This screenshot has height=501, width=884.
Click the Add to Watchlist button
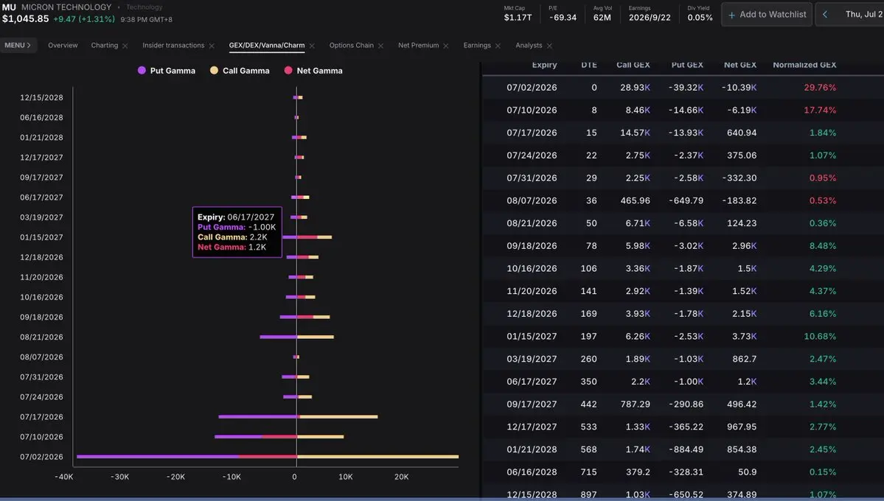click(x=767, y=15)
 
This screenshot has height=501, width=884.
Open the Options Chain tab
click(x=351, y=46)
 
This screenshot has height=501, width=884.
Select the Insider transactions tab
click(x=173, y=46)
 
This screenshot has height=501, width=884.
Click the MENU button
click(x=18, y=46)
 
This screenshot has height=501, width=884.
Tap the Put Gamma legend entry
click(x=167, y=71)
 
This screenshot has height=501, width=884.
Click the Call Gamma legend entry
click(x=240, y=71)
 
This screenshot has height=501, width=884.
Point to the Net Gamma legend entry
click(x=313, y=71)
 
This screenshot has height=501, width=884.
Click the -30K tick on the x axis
click(x=119, y=477)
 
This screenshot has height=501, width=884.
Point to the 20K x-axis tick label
click(x=401, y=477)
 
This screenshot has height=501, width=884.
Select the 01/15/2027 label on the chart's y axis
click(x=42, y=237)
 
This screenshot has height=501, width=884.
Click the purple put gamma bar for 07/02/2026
click(x=157, y=457)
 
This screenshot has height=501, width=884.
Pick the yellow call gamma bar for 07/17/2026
click(x=338, y=416)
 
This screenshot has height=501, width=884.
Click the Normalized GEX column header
click(x=804, y=65)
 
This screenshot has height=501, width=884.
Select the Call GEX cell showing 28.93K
click(x=635, y=88)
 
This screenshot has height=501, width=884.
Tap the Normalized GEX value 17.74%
click(x=820, y=110)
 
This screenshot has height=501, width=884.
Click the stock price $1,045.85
click(x=25, y=18)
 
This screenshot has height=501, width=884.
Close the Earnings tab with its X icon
click(x=498, y=46)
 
